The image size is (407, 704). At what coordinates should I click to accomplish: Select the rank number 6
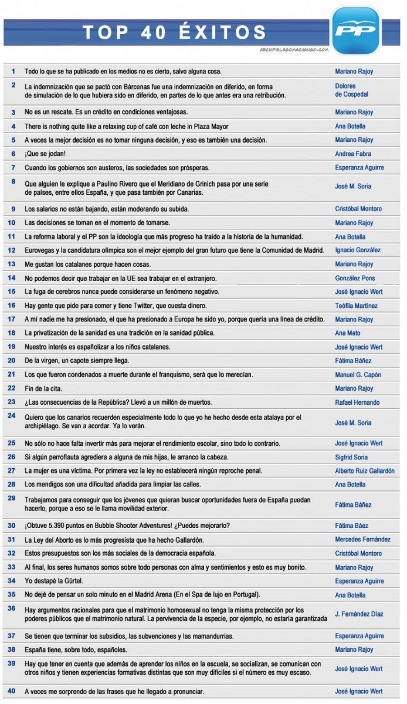tap(13, 154)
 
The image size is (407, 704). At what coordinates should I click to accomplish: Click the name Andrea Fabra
tap(353, 154)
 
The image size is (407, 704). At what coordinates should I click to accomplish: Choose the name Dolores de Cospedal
tap(352, 90)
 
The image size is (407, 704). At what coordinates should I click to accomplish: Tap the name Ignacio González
tap(358, 251)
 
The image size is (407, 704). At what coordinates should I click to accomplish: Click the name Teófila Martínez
tap(357, 306)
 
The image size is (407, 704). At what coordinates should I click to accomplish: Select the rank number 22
tap(12, 388)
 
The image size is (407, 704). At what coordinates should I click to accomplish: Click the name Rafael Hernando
tap(357, 402)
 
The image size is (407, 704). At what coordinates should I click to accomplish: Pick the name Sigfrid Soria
tap(352, 458)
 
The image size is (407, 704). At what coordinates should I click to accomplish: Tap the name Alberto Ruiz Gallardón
tap(365, 471)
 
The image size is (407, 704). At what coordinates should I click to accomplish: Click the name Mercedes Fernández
tap(362, 540)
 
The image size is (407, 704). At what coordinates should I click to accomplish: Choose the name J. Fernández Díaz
tap(359, 614)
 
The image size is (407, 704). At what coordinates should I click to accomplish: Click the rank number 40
tap(12, 691)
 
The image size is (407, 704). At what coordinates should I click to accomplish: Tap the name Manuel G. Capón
tap(358, 375)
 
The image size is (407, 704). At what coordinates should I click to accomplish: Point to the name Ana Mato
tap(348, 333)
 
